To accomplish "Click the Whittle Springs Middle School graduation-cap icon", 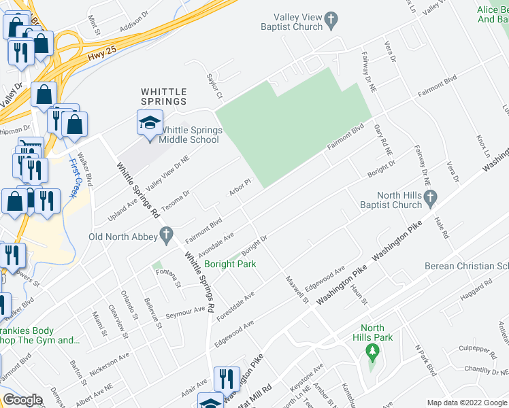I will click(x=150, y=124).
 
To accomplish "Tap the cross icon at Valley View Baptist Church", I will click(x=331, y=21).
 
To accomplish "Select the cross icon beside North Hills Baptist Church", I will click(x=430, y=199).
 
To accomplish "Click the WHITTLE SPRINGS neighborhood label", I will click(x=163, y=96).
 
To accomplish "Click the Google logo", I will click(x=22, y=400).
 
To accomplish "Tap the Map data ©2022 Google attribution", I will click(x=467, y=403).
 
